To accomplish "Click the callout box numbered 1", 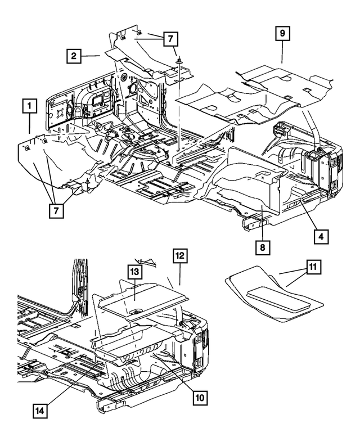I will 29,105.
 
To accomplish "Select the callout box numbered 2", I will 73,56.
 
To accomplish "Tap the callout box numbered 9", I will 282,33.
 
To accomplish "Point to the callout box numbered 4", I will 320,237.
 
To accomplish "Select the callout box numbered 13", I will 134,273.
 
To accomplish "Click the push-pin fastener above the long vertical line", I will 179,58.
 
